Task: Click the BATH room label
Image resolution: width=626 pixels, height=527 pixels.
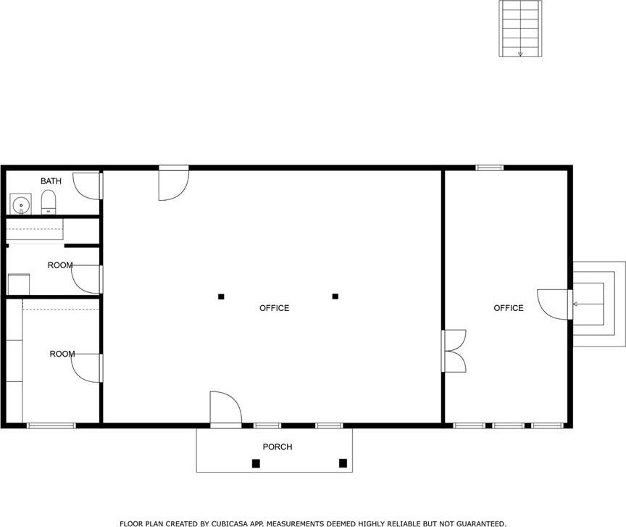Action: (x=51, y=181)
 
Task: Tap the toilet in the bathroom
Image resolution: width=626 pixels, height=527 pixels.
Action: (x=49, y=202)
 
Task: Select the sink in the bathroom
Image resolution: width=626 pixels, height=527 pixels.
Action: (x=20, y=204)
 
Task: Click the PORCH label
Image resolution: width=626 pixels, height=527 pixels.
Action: (x=277, y=447)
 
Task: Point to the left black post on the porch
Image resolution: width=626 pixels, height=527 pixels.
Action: (x=256, y=463)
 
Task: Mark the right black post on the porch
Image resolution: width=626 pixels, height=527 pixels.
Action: (x=343, y=463)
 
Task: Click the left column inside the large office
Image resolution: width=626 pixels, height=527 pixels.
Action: (x=221, y=296)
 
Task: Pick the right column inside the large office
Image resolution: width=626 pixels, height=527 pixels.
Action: (x=335, y=296)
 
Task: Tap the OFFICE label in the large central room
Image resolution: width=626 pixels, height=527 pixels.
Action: (x=275, y=308)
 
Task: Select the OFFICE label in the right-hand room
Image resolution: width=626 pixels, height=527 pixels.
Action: (x=509, y=308)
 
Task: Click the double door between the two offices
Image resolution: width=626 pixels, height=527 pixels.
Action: (x=454, y=351)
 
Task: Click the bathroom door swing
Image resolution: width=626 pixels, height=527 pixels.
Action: (x=88, y=186)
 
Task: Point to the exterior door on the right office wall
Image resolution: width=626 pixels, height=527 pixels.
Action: (x=555, y=304)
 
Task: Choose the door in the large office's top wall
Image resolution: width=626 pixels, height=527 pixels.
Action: (x=174, y=183)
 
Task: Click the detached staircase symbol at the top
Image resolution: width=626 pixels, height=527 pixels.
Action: (x=520, y=29)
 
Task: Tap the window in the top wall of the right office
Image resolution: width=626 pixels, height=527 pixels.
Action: (x=490, y=167)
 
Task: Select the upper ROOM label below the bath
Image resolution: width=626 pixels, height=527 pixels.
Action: (x=60, y=265)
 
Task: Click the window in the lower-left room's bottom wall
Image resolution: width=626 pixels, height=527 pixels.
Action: (x=51, y=426)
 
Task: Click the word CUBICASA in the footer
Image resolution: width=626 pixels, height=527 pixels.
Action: (x=228, y=523)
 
